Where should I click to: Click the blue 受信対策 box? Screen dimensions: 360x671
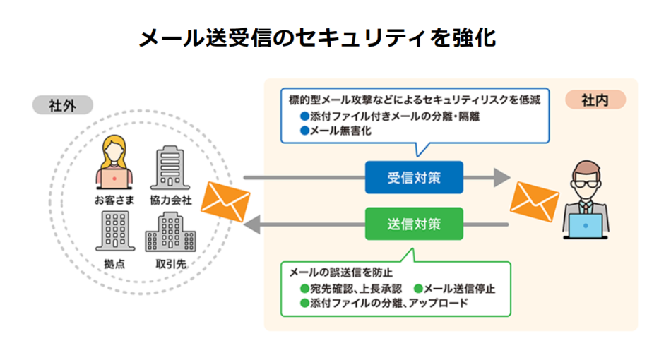[414, 177]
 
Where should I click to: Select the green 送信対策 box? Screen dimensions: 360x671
[414, 224]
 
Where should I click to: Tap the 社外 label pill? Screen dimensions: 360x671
[61, 105]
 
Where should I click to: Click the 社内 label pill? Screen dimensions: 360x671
[595, 100]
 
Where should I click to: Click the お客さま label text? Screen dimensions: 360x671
[114, 200]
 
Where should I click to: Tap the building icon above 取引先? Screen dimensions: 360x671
[170, 233]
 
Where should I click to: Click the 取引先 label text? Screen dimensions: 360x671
[171, 265]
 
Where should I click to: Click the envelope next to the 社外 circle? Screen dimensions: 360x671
[225, 200]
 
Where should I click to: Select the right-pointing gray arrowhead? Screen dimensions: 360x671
[501, 177]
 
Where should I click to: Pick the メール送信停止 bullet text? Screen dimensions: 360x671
[459, 289]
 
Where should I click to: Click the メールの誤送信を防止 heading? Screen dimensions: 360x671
[340, 272]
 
